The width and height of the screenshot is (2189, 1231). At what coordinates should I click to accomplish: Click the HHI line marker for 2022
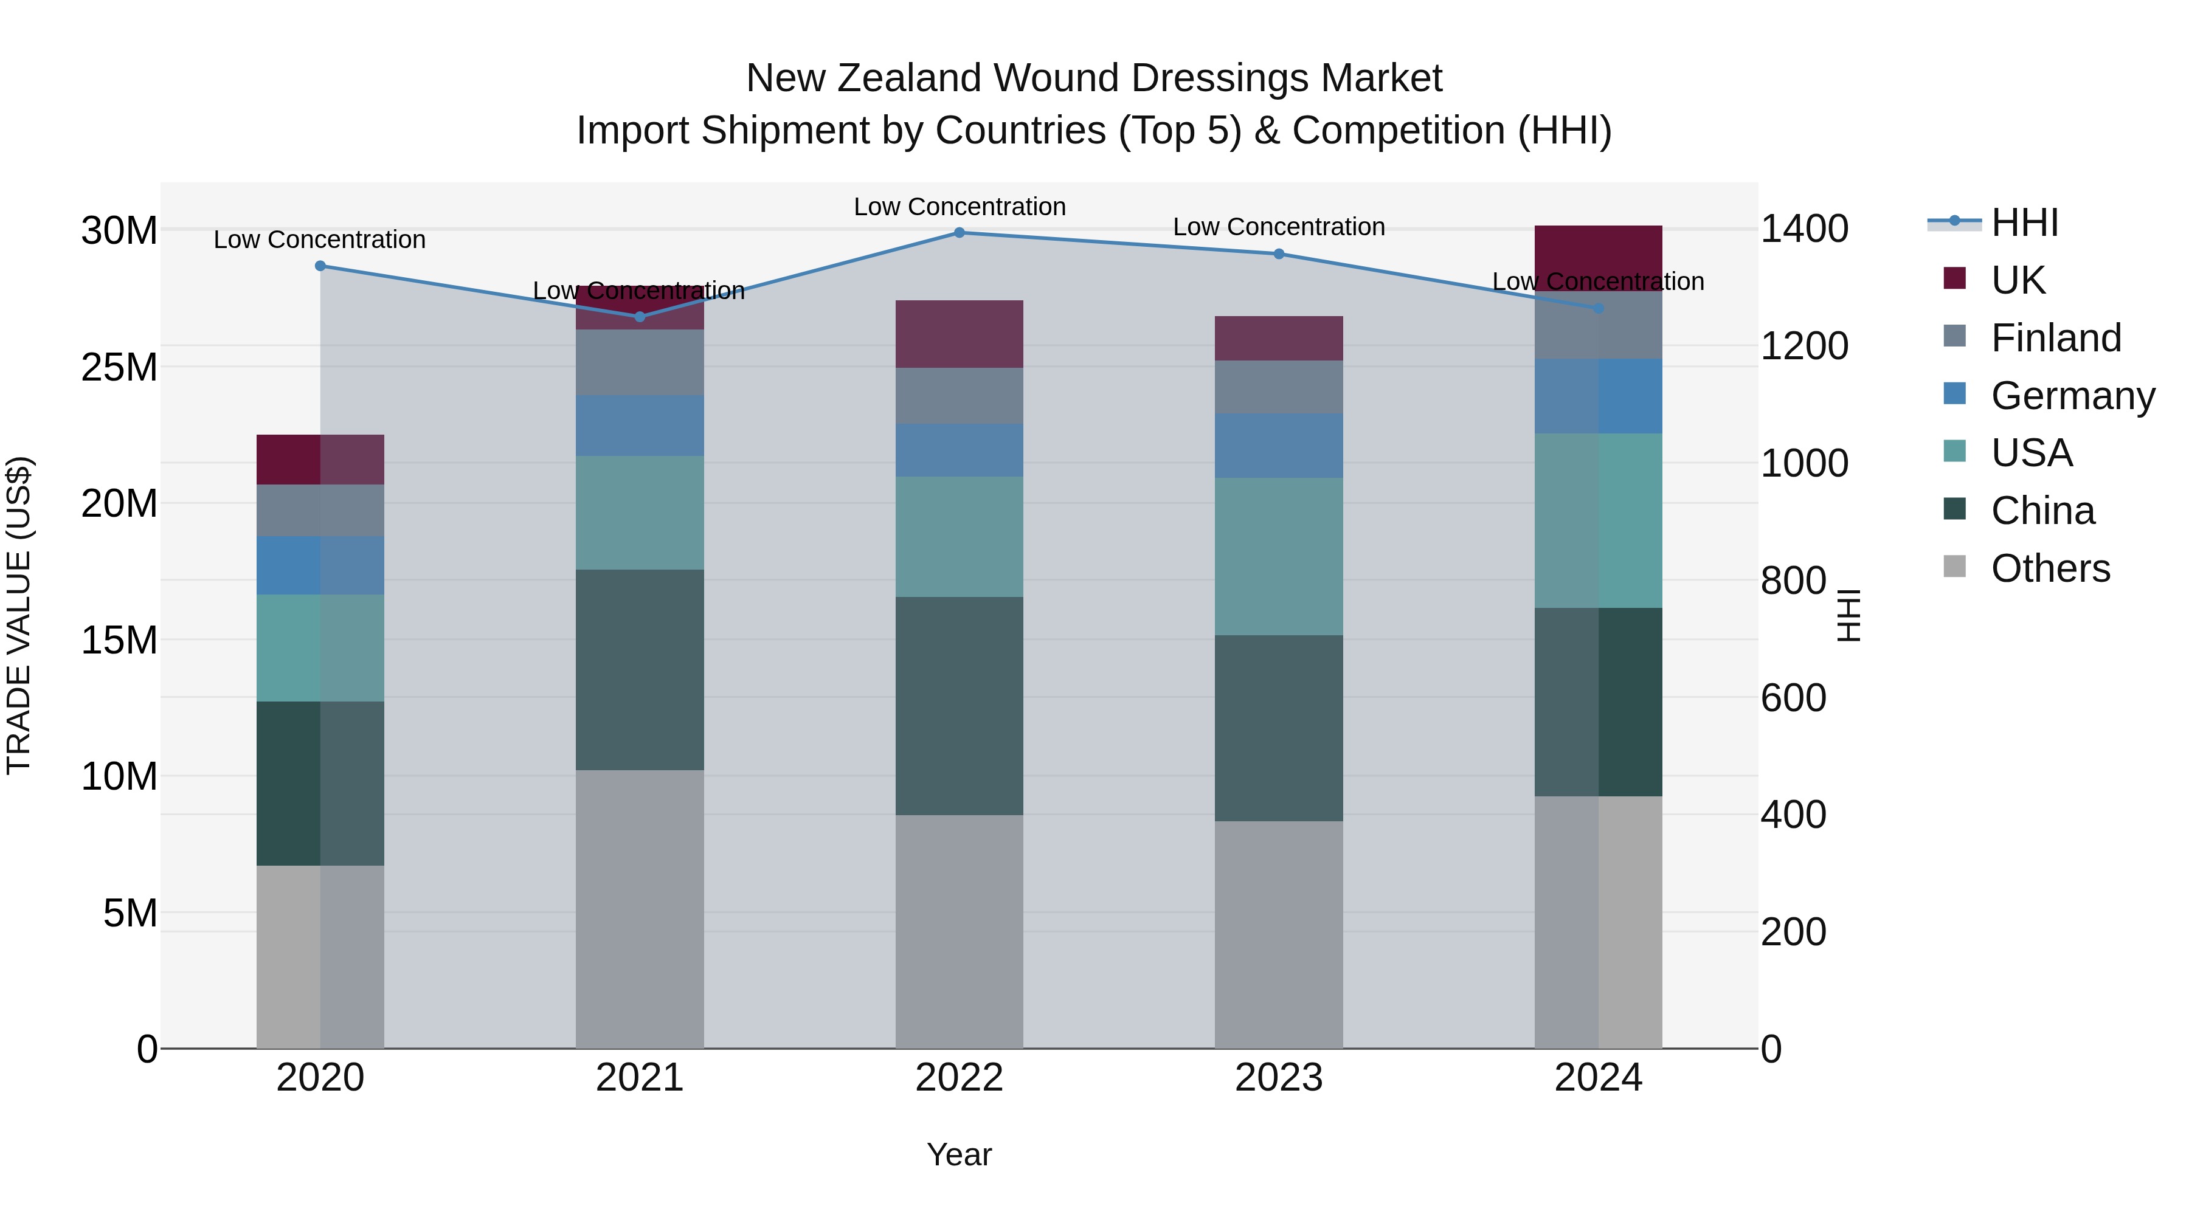(x=960, y=232)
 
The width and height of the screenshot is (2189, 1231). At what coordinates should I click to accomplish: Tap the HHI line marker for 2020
(x=320, y=266)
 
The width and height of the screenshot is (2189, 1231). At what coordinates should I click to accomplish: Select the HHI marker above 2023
(x=1279, y=254)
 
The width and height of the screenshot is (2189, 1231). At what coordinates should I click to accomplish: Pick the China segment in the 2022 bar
(x=960, y=706)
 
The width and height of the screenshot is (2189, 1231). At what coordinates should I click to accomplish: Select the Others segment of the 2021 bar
(x=640, y=909)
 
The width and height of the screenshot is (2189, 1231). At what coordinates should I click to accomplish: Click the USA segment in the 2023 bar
(x=1279, y=556)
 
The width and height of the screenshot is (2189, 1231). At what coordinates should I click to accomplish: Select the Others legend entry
(x=2050, y=568)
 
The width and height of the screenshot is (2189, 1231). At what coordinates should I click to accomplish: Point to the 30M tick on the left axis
(x=119, y=231)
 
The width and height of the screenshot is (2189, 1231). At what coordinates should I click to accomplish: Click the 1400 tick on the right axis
(x=1804, y=229)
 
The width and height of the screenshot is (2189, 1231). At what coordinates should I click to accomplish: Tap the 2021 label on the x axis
(x=640, y=1078)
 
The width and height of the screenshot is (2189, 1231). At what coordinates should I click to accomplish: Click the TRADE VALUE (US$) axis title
(x=19, y=615)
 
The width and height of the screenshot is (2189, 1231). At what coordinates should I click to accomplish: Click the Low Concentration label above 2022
(x=960, y=207)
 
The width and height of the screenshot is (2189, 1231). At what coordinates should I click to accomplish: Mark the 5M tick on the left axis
(x=130, y=913)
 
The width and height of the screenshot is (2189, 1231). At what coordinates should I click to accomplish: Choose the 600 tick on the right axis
(x=1793, y=698)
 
